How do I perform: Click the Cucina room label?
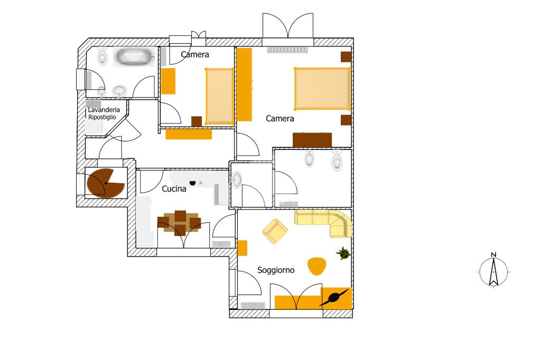174,188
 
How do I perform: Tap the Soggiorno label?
276,270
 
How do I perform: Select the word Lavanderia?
104,110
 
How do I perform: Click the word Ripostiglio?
102,117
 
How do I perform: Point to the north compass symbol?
494,270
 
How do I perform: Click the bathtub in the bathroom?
134,57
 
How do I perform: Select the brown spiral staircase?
105,183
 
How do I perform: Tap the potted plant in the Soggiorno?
343,253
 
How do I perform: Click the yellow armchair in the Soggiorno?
275,231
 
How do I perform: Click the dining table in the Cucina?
180,223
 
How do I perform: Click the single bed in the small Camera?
220,97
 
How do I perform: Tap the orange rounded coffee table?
316,266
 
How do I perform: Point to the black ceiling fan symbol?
334,298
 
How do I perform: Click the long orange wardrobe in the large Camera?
244,84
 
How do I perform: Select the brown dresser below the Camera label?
312,140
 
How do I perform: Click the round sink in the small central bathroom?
237,179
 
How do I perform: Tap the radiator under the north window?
287,50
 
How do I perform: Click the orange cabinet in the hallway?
189,134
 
